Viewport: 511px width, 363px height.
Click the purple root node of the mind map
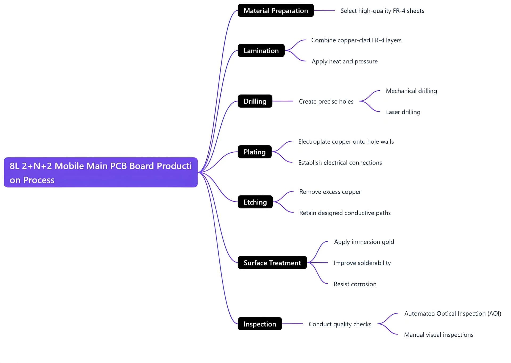[x=101, y=172]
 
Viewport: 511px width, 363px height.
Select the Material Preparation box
[x=276, y=11]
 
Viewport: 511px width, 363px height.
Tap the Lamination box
[x=261, y=51]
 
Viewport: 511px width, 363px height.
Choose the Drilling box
[x=255, y=101]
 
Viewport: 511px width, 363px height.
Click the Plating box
[x=255, y=152]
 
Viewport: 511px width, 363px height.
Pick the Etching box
[x=255, y=202]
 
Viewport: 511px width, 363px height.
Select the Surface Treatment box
[x=272, y=263]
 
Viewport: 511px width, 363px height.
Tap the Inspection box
[x=260, y=324]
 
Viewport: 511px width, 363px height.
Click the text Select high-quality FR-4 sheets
[x=382, y=11]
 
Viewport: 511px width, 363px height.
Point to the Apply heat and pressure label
[x=345, y=62]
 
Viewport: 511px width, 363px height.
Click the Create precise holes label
[x=326, y=101]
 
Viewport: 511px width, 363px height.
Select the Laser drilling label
[x=403, y=112]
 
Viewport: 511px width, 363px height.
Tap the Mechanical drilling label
[x=411, y=91]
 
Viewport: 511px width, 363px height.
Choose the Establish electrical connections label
[x=340, y=163]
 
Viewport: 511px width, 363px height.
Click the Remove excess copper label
[x=330, y=192]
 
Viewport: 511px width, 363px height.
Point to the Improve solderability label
[x=362, y=263]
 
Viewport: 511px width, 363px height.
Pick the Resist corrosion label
[x=355, y=284]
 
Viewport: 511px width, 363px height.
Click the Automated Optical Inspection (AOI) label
[x=452, y=314]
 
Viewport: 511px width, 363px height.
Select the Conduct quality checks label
[x=340, y=324]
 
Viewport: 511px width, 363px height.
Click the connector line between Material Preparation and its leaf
[x=324, y=10]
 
